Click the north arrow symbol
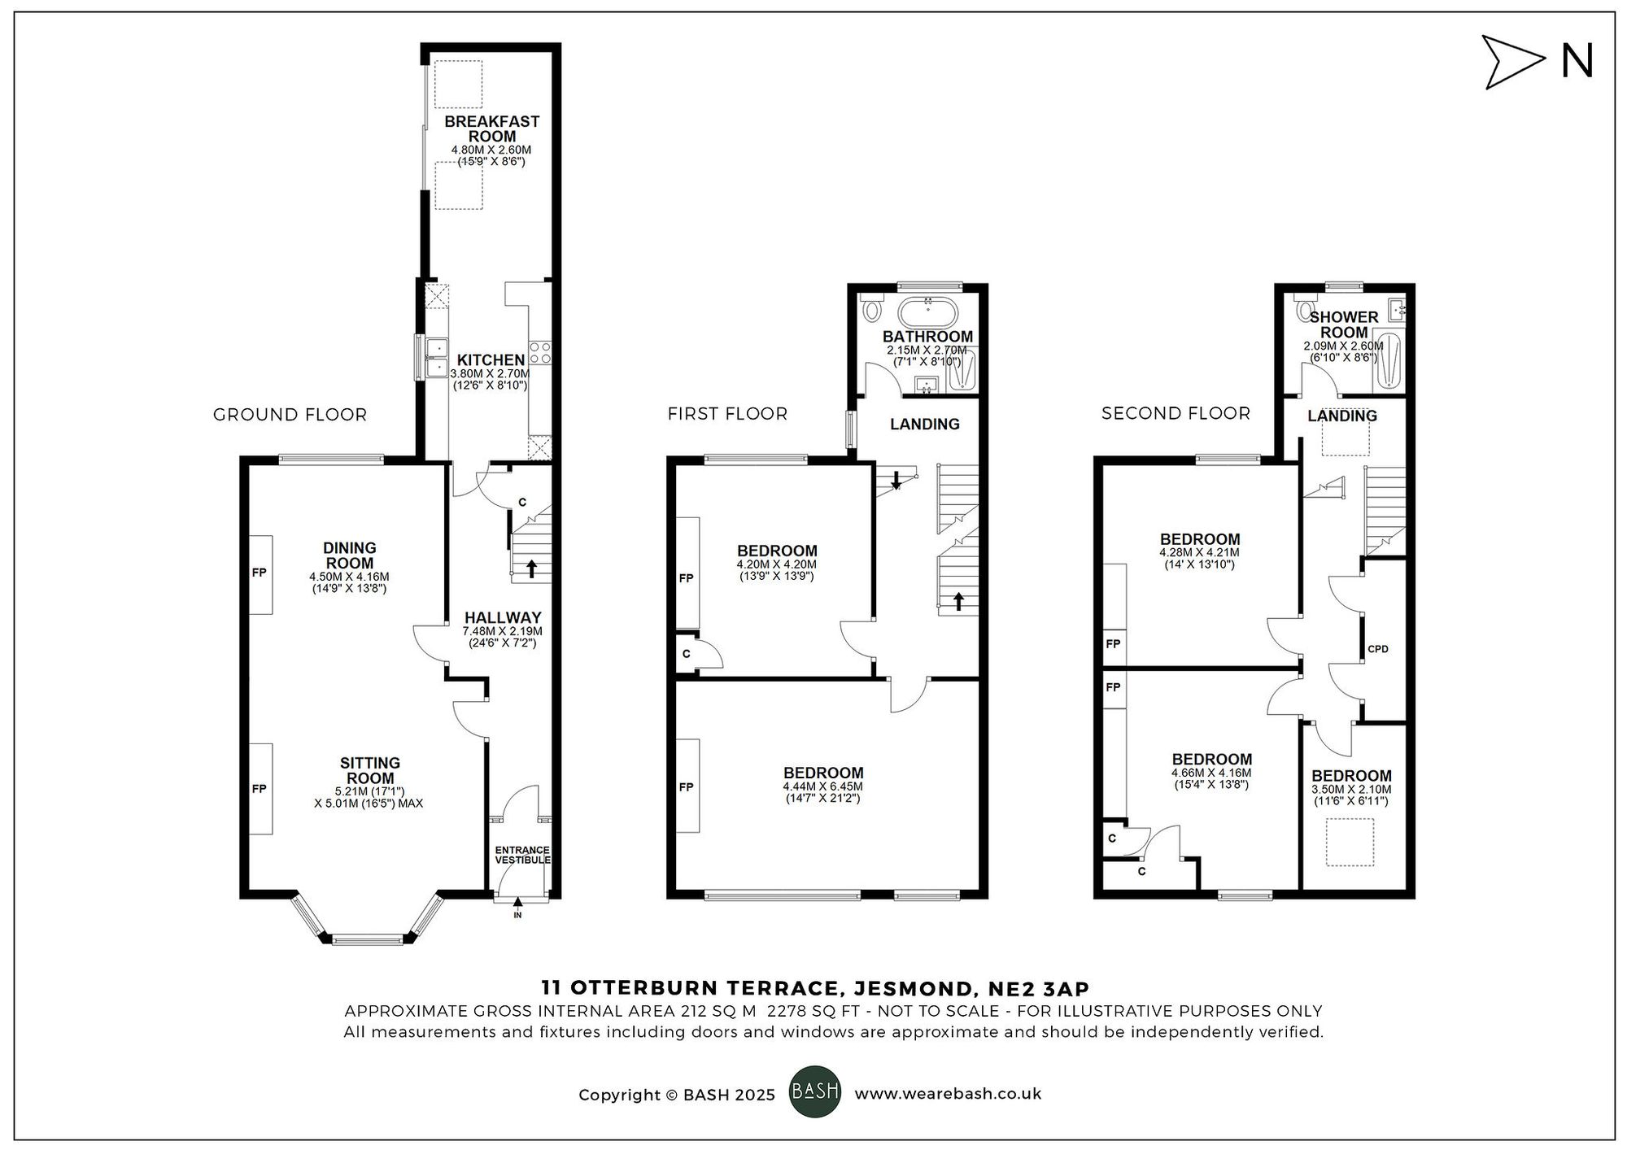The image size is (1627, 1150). (1512, 62)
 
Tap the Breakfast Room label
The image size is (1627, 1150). (491, 129)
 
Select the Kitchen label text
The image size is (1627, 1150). (491, 360)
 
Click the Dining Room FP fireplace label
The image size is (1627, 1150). (259, 573)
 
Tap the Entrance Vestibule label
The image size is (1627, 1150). (522, 855)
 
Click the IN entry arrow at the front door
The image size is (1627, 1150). (518, 904)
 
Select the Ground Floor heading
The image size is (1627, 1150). (290, 415)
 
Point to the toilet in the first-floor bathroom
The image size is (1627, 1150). (871, 309)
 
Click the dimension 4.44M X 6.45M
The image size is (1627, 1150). (822, 786)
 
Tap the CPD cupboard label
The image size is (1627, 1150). (1377, 649)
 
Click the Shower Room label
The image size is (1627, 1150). (1343, 325)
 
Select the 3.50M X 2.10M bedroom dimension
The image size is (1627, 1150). (1350, 789)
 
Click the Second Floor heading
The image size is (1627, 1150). (1175, 413)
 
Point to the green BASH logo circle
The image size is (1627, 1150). (814, 1091)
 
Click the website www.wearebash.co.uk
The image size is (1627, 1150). (948, 1094)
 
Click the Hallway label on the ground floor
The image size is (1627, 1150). (502, 617)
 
